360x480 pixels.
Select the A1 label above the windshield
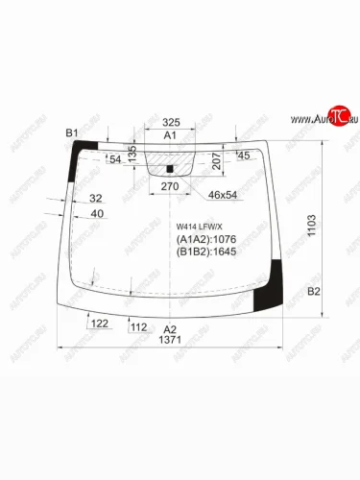pyautogui.click(x=170, y=137)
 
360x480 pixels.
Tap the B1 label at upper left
pyautogui.click(x=71, y=132)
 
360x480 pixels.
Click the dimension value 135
pyautogui.click(x=133, y=154)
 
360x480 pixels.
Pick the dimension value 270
pyautogui.click(x=170, y=185)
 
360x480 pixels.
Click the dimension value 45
pyautogui.click(x=243, y=156)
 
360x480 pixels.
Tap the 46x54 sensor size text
pyautogui.click(x=224, y=196)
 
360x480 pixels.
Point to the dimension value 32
pyautogui.click(x=96, y=198)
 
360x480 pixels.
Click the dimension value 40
pyautogui.click(x=96, y=212)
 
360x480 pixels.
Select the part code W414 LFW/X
pyautogui.click(x=196, y=227)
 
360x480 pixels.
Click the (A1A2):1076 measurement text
pyautogui.click(x=205, y=239)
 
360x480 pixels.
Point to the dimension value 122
pyautogui.click(x=99, y=325)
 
